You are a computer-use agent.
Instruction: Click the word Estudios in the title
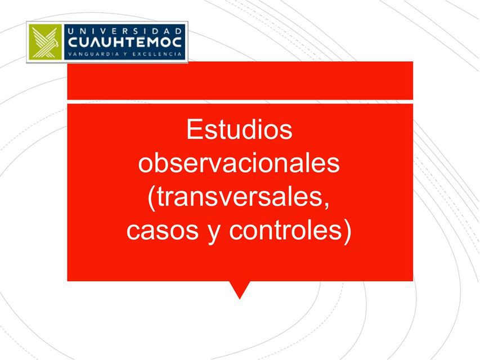pos(239,130)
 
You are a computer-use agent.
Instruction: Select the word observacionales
pos(239,164)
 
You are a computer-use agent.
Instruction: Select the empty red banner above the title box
pos(240,80)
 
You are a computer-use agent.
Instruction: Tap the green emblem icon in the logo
pos(47,43)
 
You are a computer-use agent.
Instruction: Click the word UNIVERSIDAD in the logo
pos(124,30)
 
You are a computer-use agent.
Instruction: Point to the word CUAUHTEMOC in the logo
pos(124,42)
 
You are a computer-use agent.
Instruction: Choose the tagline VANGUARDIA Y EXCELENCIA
pos(124,55)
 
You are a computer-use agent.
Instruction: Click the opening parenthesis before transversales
pos(151,199)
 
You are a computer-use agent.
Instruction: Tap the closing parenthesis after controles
pos(347,232)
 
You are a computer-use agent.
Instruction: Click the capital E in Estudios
pos(194,130)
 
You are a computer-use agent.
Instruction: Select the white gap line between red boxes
pos(240,101)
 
